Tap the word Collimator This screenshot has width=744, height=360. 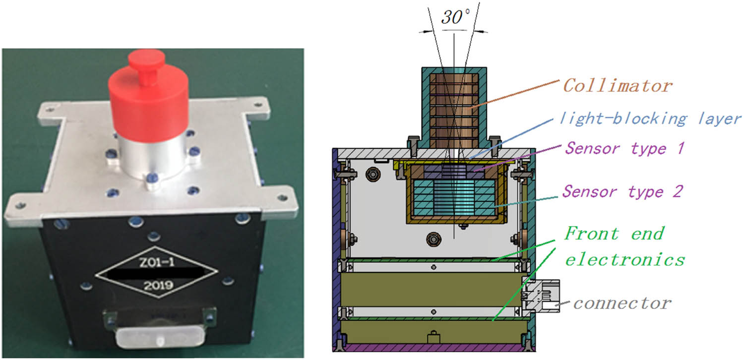(618, 86)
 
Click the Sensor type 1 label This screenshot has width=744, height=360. (625, 148)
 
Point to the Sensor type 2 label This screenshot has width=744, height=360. (622, 191)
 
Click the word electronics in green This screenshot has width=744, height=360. (625, 259)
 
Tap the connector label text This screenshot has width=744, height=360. (622, 303)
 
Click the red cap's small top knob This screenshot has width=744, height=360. (147, 65)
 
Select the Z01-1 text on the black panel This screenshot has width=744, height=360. (156, 263)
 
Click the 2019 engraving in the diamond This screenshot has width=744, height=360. (158, 285)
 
